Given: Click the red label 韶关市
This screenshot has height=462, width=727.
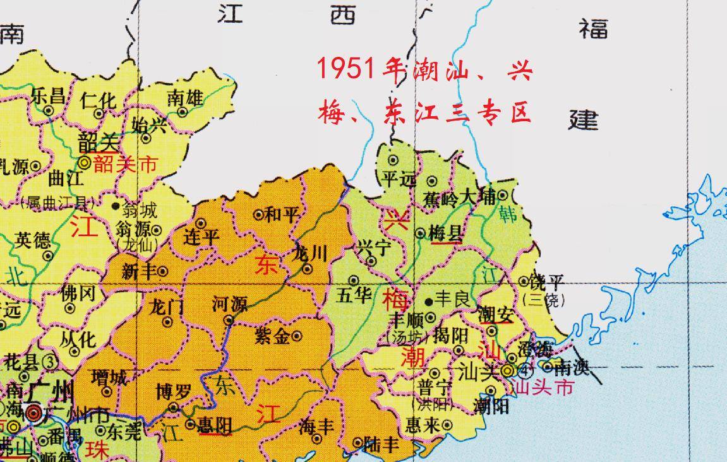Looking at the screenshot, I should (124, 165).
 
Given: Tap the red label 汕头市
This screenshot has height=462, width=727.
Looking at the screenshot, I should (544, 386).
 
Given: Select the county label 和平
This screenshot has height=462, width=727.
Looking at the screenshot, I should (282, 215).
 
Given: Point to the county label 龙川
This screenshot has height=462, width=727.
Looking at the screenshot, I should (311, 254).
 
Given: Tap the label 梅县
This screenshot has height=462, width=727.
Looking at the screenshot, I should (445, 234).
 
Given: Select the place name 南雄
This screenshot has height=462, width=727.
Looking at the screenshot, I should (185, 97).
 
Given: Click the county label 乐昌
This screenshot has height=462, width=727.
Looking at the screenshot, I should (48, 96).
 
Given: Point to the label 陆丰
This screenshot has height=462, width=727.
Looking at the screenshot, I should (383, 445).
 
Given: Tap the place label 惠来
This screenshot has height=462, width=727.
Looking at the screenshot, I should (423, 425).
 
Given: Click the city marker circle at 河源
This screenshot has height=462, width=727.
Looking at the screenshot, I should (230, 320).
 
